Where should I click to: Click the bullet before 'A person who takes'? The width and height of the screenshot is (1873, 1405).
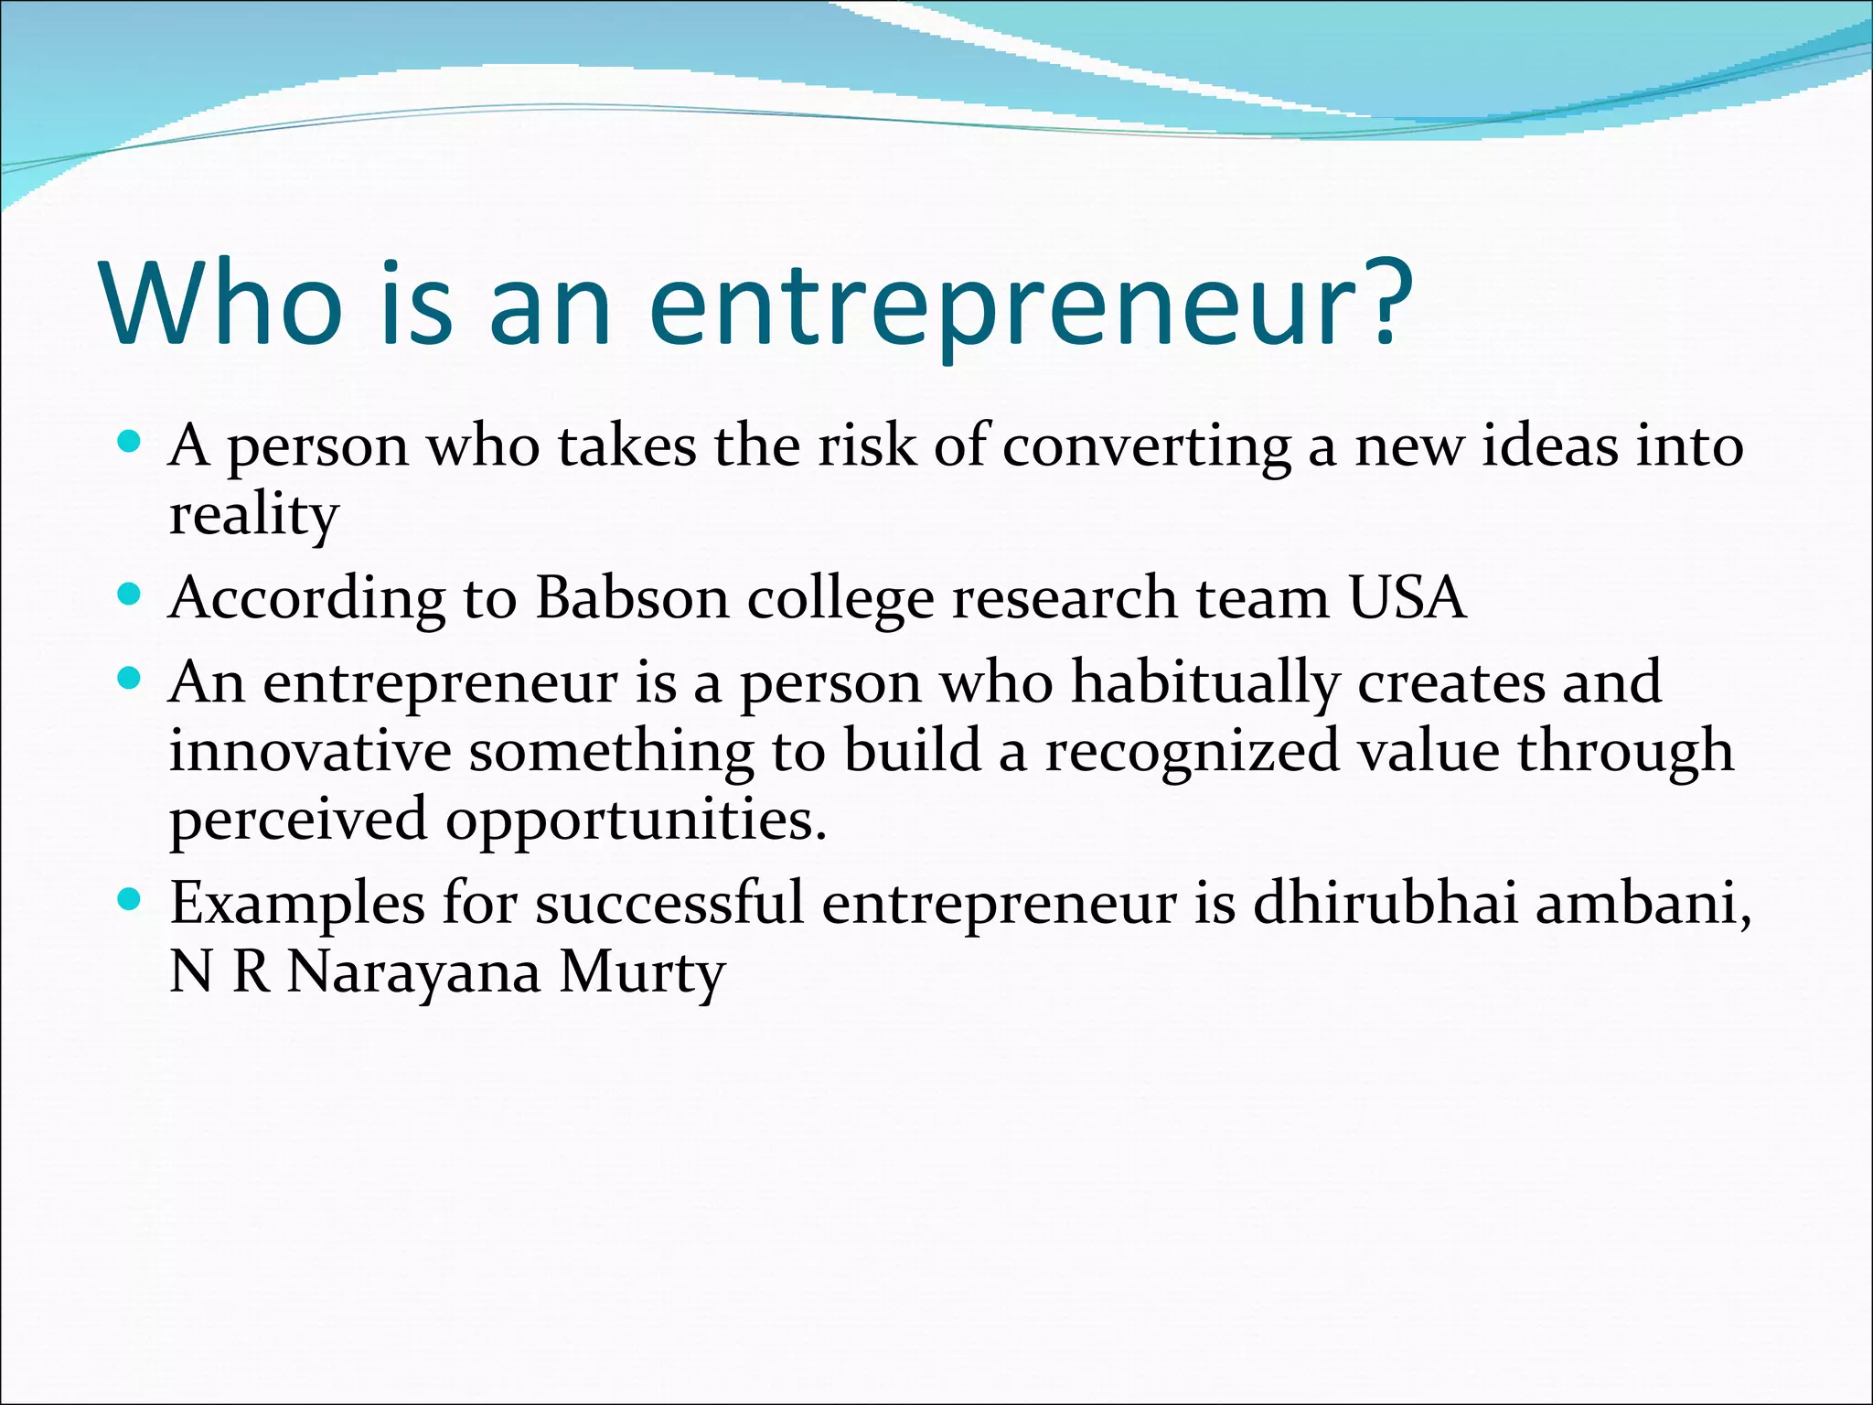point(129,444)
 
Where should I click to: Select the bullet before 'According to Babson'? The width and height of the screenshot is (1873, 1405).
point(129,595)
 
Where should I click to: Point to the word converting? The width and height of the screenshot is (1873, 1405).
point(1147,448)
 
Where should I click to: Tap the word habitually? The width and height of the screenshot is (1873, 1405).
point(1204,684)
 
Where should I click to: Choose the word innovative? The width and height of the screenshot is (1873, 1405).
point(310,751)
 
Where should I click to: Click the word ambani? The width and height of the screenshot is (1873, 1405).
point(1643,904)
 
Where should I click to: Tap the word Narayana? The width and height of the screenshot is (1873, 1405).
point(413,973)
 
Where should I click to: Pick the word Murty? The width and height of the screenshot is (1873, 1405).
point(642,973)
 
